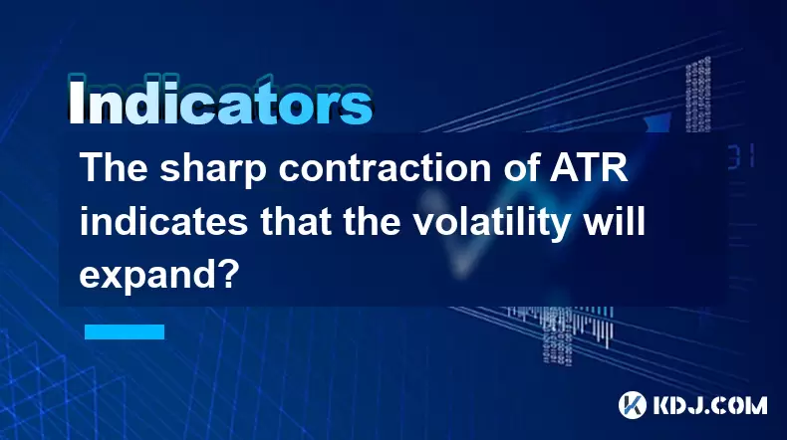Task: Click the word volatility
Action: coord(490,223)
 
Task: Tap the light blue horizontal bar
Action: coord(125,331)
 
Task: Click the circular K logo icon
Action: coord(632,404)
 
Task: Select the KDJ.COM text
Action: coord(709,405)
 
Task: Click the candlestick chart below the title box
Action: coord(560,326)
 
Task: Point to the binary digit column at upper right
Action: coord(698,95)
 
